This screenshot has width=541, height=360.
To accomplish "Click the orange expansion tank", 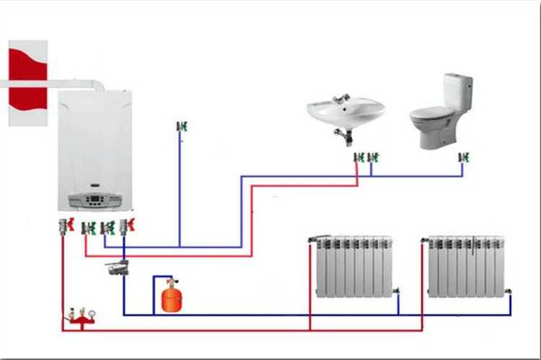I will click(171, 297).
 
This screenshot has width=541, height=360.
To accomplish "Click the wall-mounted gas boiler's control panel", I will click(94, 201).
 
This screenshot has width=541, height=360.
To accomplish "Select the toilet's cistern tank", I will click(457, 91).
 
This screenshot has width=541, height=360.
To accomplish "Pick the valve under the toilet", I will click(463, 157).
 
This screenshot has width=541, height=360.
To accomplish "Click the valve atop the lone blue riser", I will click(181, 126).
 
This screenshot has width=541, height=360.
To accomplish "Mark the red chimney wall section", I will click(27, 84).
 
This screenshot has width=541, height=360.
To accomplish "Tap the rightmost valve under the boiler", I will click(128, 226).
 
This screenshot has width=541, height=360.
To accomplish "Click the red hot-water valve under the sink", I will click(358, 157).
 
